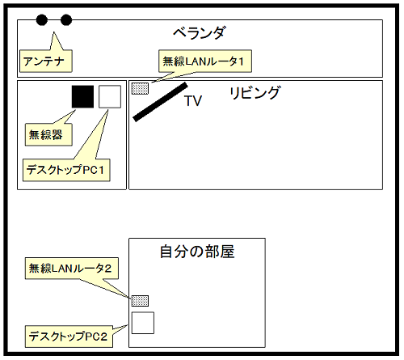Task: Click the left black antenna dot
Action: (x=42, y=20)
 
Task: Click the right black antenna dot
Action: (x=66, y=20)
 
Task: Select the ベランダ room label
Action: (x=200, y=33)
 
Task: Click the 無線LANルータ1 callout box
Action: (x=205, y=61)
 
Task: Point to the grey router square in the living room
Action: (x=140, y=88)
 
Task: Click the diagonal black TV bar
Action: (x=160, y=102)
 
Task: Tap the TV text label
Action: (x=193, y=101)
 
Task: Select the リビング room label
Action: (x=255, y=92)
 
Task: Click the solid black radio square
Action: (x=82, y=97)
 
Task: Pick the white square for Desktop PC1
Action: (x=110, y=97)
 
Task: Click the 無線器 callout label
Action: (x=48, y=134)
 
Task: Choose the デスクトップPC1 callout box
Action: (x=66, y=170)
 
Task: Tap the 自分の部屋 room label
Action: (x=197, y=252)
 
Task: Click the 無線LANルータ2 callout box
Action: (x=72, y=269)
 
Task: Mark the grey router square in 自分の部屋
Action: (x=140, y=301)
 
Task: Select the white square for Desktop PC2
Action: (x=143, y=323)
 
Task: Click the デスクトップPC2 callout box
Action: (x=69, y=337)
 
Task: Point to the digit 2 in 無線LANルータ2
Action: (x=108, y=269)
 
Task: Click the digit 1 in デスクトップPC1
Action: (x=101, y=170)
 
